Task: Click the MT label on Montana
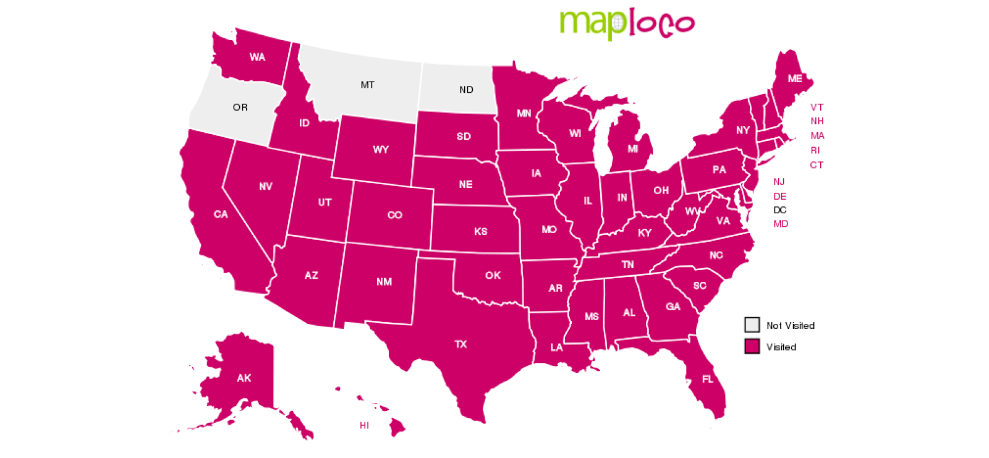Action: tap(367, 85)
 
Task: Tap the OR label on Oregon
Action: tap(240, 108)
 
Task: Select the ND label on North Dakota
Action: tap(466, 90)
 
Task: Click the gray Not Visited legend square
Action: tap(752, 325)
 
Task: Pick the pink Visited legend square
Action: tap(752, 347)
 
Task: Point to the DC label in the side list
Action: tap(780, 210)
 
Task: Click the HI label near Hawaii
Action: tap(364, 425)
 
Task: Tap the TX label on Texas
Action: tap(461, 344)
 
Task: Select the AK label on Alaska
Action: tap(244, 378)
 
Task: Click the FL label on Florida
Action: tap(707, 379)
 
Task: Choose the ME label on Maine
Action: tap(795, 78)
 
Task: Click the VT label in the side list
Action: tap(817, 108)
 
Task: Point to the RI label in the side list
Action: tap(815, 150)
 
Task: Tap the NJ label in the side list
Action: tap(779, 182)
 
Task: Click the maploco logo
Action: tap(627, 24)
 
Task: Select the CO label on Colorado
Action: tap(394, 215)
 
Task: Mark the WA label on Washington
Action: tap(257, 57)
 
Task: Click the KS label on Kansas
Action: tap(480, 231)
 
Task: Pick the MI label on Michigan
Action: tap(632, 149)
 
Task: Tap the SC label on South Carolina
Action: tap(699, 286)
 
